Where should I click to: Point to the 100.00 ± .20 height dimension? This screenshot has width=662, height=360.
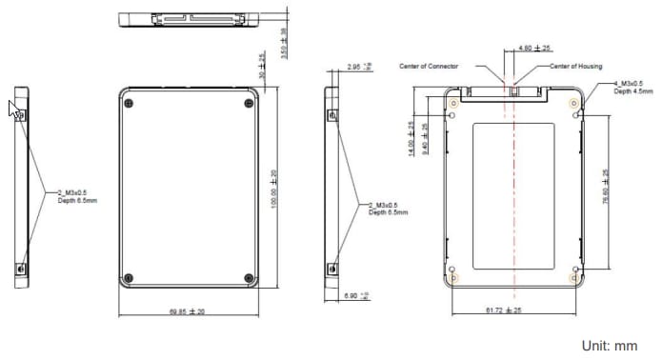click(x=274, y=191)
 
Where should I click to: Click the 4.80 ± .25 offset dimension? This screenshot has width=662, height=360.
click(x=533, y=48)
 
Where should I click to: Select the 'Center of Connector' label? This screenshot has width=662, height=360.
click(x=430, y=67)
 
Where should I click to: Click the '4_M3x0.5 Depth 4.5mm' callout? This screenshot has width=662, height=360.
click(x=633, y=89)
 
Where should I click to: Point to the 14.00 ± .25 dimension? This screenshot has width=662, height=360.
click(x=411, y=138)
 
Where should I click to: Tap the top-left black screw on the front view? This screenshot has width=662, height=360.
click(x=130, y=103)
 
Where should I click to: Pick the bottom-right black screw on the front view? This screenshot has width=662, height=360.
click(x=249, y=278)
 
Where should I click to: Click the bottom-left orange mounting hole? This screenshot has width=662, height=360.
click(x=454, y=278)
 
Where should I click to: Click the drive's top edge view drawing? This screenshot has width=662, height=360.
click(x=190, y=17)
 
